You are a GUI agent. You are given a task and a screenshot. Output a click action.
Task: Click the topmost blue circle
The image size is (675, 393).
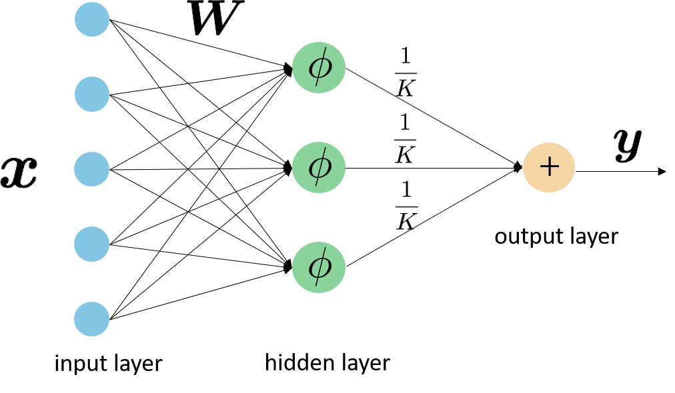point(92,19)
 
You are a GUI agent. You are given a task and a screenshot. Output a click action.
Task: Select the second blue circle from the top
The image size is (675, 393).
point(92,94)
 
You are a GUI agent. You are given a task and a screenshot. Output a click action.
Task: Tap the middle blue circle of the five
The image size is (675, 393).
point(92,169)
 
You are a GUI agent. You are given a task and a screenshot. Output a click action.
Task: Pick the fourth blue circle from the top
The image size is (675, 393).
point(92,244)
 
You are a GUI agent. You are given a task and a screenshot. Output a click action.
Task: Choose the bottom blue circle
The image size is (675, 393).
point(92,319)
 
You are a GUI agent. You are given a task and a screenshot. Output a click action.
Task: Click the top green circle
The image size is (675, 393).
point(319,67)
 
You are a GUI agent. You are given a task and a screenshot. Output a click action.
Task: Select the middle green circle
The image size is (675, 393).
point(319,167)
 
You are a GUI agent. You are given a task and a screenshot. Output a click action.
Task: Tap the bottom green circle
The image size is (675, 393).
point(319,267)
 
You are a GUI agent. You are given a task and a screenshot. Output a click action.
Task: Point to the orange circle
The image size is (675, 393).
point(549,167)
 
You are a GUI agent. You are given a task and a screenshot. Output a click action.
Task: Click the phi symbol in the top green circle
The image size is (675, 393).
point(319,67)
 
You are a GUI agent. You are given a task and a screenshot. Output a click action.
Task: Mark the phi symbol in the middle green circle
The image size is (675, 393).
point(319,167)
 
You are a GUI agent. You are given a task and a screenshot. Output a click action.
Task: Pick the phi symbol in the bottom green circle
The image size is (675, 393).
point(319,266)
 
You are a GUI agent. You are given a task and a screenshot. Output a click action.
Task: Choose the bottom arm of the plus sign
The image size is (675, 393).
point(549,174)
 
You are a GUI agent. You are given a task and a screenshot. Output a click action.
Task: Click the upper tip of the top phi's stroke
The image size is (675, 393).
point(326,49)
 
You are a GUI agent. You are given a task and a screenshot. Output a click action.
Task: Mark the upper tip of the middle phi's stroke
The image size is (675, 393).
point(326,149)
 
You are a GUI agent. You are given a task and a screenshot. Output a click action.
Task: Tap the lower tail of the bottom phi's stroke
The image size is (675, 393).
point(316,285)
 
